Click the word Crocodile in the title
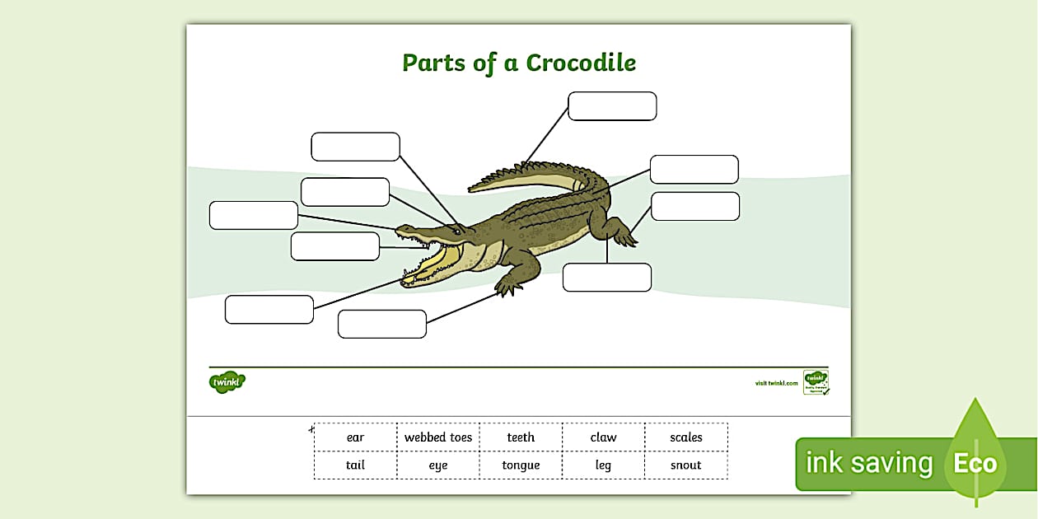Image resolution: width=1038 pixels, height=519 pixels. coord(581,63)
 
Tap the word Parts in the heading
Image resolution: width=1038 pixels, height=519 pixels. coord(433,63)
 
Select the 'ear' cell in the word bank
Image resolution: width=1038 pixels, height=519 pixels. coord(355,437)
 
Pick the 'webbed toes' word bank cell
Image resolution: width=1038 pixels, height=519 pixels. coord(438,437)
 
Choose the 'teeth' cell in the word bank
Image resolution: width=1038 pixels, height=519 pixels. coord(521,437)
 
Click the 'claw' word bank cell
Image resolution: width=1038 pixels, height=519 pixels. coord(603,437)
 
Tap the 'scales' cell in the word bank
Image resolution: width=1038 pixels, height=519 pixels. coord(685,437)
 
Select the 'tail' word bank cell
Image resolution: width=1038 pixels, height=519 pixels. coord(355,465)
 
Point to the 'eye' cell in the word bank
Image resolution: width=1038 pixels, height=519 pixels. coord(438,465)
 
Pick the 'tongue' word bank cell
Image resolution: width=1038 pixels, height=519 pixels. coord(521,465)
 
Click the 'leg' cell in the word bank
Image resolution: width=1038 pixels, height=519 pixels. coord(603,465)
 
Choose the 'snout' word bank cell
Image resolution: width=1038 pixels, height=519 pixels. coord(685,465)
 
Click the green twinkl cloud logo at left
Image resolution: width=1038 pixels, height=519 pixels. coord(227,382)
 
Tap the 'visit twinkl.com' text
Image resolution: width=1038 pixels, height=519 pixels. coord(776,383)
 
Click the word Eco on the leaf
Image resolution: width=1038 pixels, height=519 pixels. coord(975,463)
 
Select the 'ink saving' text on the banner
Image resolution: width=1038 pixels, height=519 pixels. coord(868,463)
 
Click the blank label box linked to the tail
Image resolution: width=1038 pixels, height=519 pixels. coord(612,106)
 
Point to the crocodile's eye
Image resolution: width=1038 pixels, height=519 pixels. coord(458,231)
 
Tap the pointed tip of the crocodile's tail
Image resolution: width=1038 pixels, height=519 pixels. coord(471,189)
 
